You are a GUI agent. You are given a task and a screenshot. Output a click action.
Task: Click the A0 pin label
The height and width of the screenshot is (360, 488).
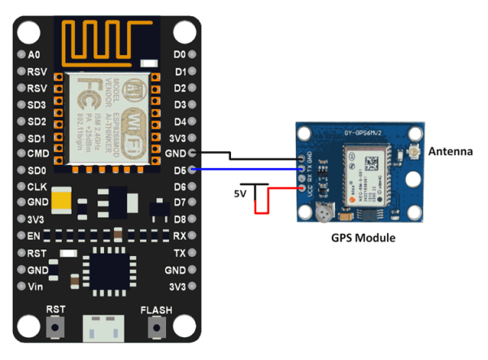pos(33,55)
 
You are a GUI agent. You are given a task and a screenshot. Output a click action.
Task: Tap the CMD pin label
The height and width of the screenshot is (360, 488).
pos(37,154)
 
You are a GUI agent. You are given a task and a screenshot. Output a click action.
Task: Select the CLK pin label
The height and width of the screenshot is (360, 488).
pos(36,187)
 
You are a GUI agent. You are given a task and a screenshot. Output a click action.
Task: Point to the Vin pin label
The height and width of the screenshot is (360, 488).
pos(35,286)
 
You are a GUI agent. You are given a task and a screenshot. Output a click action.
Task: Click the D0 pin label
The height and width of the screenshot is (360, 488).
pos(180,55)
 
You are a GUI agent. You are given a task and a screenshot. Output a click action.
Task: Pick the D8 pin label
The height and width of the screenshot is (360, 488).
pos(180,219)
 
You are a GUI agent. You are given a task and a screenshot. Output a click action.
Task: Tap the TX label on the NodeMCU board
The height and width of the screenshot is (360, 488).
pos(180,253)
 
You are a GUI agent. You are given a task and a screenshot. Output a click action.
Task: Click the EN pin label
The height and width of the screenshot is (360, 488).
pos(34,236)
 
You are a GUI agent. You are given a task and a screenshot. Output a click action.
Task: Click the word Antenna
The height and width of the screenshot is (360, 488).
pos(451,151)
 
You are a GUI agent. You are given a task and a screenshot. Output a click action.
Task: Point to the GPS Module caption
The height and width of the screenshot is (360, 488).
pos(364,239)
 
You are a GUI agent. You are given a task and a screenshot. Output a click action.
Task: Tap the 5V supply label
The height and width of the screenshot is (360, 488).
pos(240,195)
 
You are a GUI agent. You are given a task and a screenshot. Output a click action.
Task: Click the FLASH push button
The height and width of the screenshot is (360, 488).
pos(155,327)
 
